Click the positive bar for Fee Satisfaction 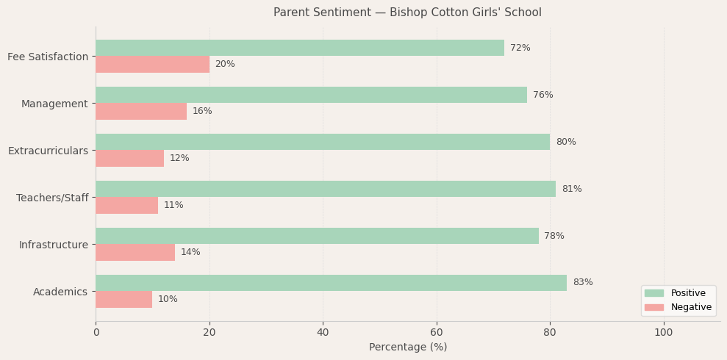click(300, 48)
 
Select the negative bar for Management click(141, 111)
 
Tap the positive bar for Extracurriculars click(323, 142)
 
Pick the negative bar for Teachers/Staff click(126, 205)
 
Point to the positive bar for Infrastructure click(317, 236)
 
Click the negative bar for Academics click(123, 299)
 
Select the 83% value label click(583, 283)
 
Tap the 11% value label click(173, 205)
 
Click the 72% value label click(520, 48)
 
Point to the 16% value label click(202, 111)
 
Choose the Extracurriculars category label click(48, 151)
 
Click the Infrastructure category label click(54, 245)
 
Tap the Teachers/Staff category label click(52, 198)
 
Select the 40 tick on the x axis click(323, 333)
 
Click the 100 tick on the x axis click(664, 333)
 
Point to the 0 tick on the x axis click(96, 333)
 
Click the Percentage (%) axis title click(408, 348)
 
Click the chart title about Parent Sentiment click(407, 12)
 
